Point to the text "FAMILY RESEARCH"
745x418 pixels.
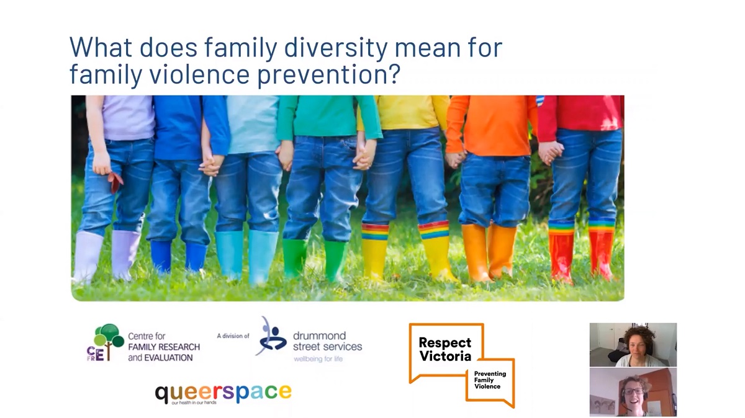[164, 347]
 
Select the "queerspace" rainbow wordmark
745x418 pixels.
[223, 393]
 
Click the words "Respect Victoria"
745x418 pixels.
[445, 349]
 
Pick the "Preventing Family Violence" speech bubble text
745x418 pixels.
[490, 380]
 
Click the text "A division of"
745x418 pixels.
[233, 336]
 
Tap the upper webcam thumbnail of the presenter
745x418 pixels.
[633, 344]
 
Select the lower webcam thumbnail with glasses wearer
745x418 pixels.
[633, 392]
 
